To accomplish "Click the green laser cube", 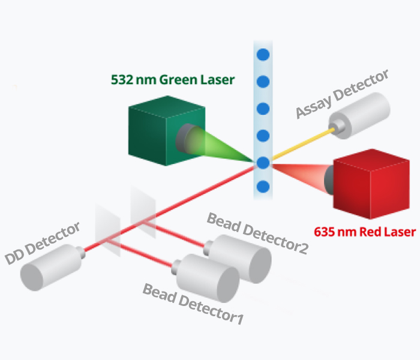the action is [x=167, y=131].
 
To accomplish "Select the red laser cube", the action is [x=371, y=184].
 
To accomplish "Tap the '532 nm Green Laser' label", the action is [x=173, y=80].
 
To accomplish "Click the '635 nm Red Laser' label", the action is [x=365, y=232].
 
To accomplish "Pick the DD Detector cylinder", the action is [x=53, y=267].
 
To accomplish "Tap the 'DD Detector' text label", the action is [x=43, y=243].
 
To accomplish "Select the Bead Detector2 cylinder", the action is [x=238, y=259].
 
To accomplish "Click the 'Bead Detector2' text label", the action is [x=257, y=233].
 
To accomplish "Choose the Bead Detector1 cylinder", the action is [x=205, y=278].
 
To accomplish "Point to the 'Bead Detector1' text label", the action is [x=193, y=304].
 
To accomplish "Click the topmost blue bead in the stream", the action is [x=263, y=55].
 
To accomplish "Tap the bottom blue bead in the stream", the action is [x=263, y=187].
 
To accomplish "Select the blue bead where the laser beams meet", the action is [x=263, y=163].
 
